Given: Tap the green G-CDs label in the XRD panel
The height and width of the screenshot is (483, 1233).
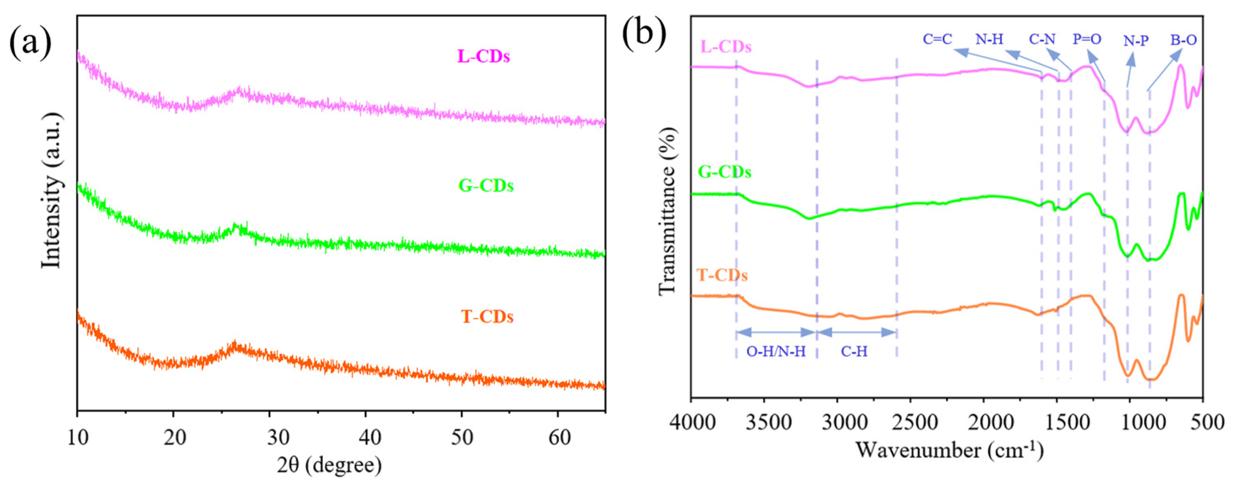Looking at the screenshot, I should tap(486, 186).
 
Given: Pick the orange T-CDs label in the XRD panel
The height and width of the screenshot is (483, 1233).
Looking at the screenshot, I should tap(487, 317).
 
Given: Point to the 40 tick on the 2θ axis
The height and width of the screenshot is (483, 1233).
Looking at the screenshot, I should tap(366, 437).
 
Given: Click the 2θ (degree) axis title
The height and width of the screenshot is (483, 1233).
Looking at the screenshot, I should tap(330, 464).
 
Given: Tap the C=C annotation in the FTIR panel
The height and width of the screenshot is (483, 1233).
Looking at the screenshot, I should tap(937, 39).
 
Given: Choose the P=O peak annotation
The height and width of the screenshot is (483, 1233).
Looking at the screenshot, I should tap(1087, 39).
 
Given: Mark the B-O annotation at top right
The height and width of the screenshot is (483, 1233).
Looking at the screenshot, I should tap(1184, 40).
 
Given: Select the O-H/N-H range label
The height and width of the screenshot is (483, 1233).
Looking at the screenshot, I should tap(776, 352).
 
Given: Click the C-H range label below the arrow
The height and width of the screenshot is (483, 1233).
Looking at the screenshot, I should tap(855, 352).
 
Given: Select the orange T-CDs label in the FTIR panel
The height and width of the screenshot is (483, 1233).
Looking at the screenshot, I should tap(722, 276).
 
